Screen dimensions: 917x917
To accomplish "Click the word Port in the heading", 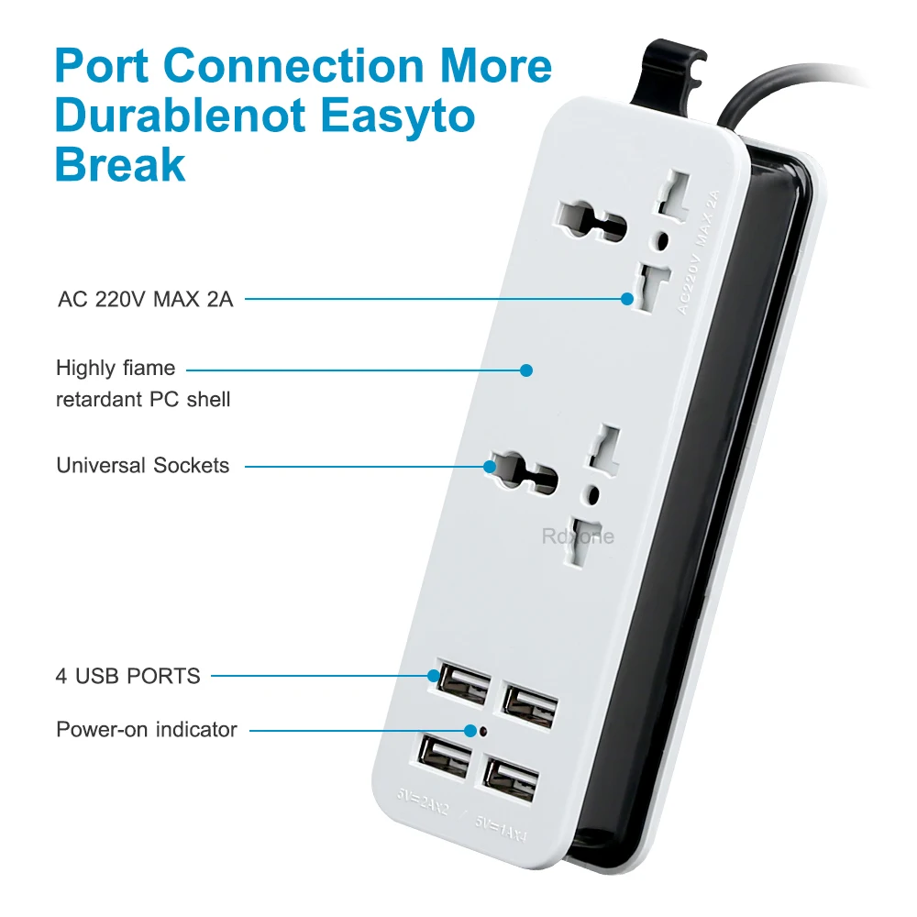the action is [102, 67].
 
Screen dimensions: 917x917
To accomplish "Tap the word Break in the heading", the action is [120, 166].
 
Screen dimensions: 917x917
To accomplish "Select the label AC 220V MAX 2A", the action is [145, 299].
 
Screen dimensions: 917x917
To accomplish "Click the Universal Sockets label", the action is [142, 465].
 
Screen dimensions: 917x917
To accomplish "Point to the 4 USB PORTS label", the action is [127, 676].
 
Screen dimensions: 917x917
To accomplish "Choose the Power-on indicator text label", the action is [147, 730].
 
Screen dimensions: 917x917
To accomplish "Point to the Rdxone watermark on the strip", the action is [578, 537].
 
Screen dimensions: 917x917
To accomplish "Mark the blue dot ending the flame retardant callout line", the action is [526, 370].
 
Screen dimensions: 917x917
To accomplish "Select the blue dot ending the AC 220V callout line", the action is [627, 298].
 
